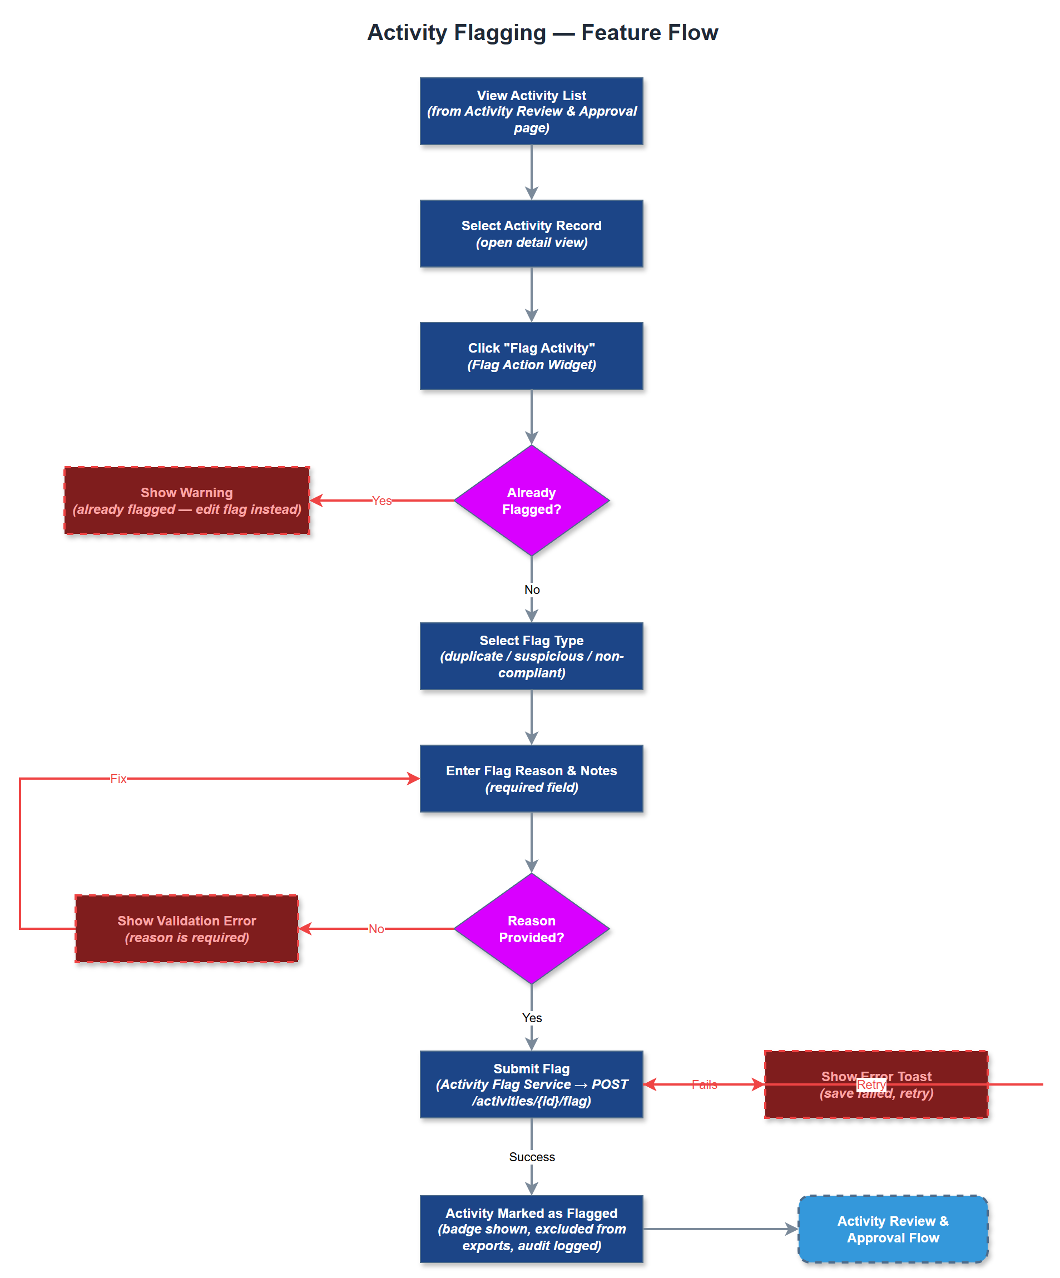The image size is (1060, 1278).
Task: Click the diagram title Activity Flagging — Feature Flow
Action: [542, 32]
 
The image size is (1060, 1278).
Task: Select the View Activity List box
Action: [531, 111]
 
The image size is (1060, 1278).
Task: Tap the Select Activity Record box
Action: [531, 234]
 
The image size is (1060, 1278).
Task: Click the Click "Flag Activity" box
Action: [531, 356]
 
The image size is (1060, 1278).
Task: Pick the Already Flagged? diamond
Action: [531, 501]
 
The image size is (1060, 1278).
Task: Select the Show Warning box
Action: [187, 501]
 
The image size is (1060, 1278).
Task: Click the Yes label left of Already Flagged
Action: [382, 501]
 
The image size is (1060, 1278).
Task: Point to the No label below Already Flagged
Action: [532, 589]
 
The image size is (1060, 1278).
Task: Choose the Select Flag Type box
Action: [531, 656]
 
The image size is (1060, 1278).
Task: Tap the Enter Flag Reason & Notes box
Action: [531, 779]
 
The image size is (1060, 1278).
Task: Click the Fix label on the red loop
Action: [118, 779]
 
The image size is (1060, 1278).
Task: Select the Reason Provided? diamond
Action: [531, 929]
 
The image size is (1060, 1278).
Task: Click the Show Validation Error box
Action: [187, 929]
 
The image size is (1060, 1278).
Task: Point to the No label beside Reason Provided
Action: [376, 929]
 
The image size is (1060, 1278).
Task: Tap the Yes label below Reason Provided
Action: [532, 1018]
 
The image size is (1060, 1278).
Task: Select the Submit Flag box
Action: [531, 1084]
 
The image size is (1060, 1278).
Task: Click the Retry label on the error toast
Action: [871, 1084]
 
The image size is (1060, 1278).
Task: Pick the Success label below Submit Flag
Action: [532, 1157]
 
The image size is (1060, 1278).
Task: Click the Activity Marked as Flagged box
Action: [531, 1229]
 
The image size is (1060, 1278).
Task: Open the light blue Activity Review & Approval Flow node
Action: [893, 1229]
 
